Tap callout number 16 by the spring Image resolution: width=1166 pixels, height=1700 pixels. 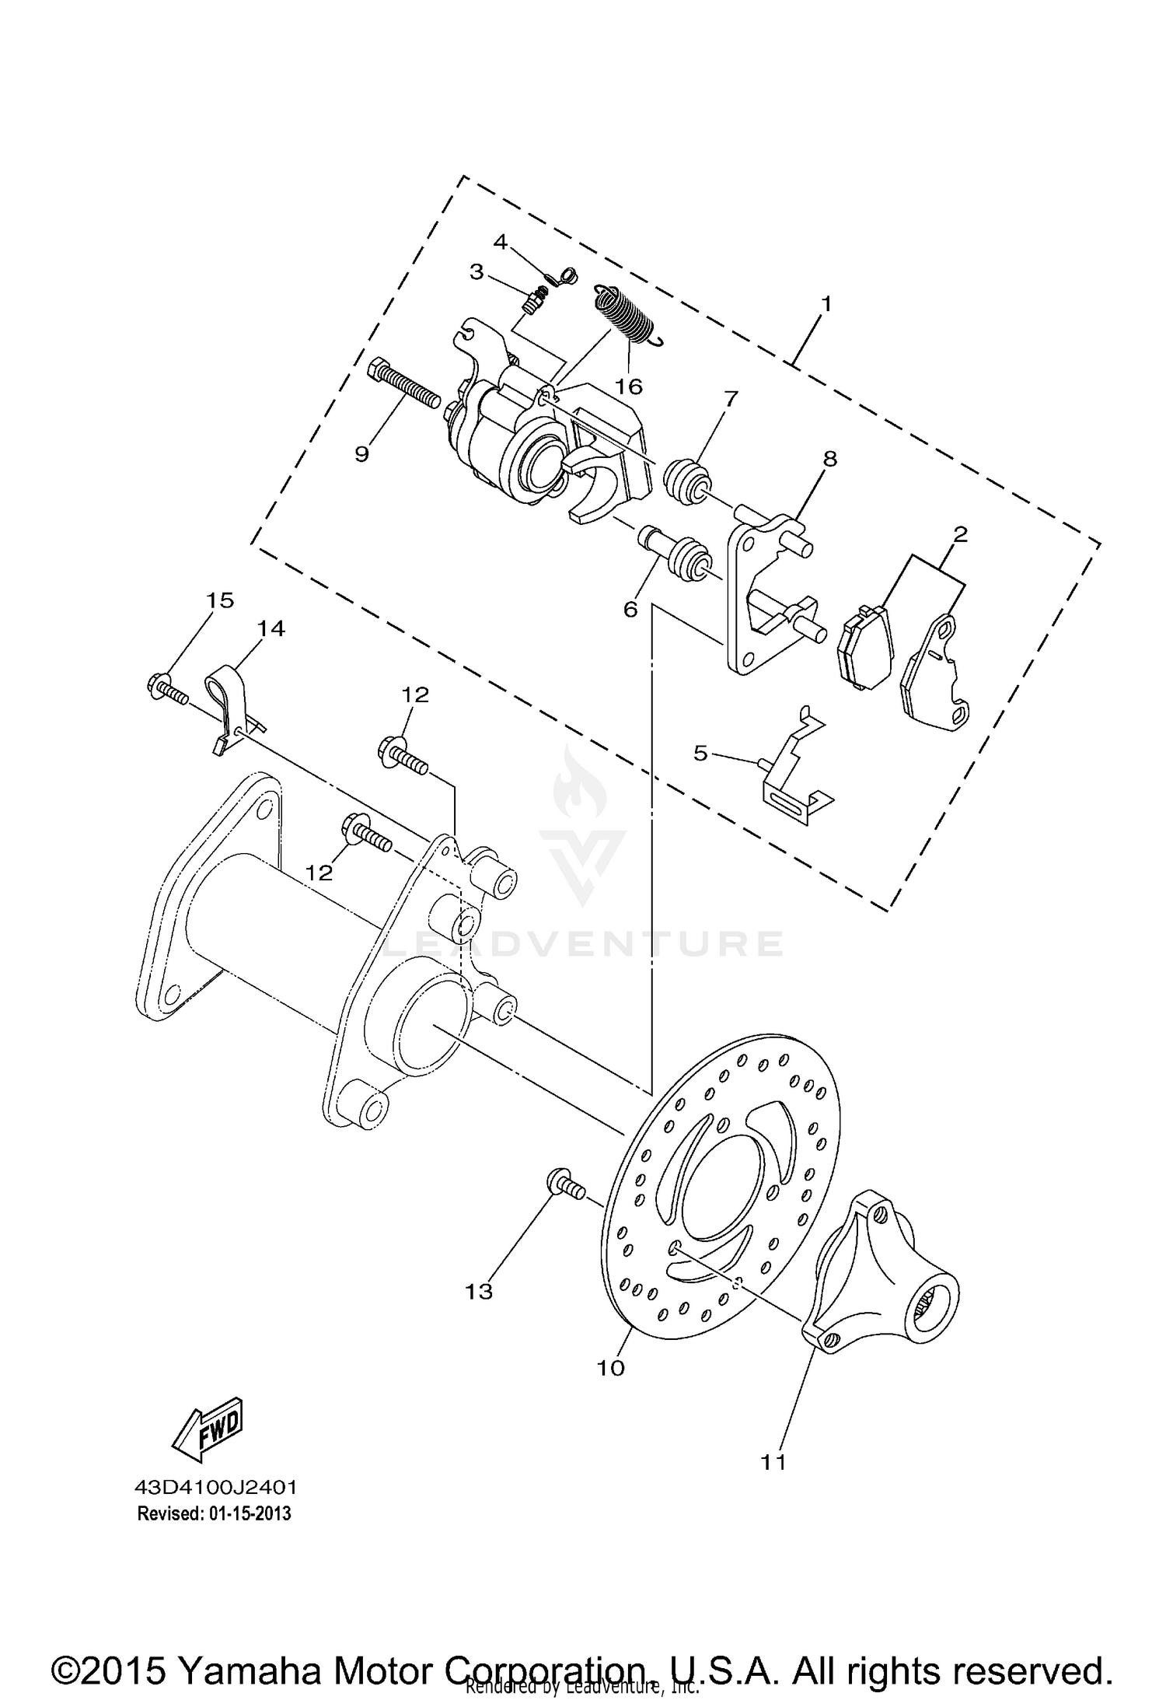629,387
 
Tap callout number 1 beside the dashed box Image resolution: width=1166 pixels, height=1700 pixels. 826,303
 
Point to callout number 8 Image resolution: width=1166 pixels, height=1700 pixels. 830,459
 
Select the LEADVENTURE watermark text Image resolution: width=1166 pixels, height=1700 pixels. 583,943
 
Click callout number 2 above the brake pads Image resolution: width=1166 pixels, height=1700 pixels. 960,534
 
